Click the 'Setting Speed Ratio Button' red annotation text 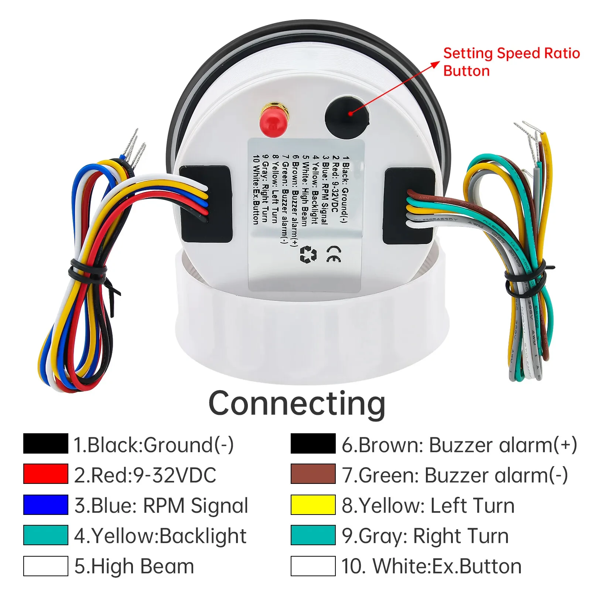511,62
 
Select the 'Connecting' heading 297,403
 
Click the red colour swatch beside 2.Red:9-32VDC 46,474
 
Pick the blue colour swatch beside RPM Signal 46,505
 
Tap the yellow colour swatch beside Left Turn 313,505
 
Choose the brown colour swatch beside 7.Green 313,474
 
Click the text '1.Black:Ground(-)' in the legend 153,444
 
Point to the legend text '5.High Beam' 134,566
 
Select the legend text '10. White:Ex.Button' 431,566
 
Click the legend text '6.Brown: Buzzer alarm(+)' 459,444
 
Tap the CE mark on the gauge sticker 333,254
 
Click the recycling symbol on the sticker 308,254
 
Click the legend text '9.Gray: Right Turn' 425,536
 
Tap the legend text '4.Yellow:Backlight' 160,536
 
